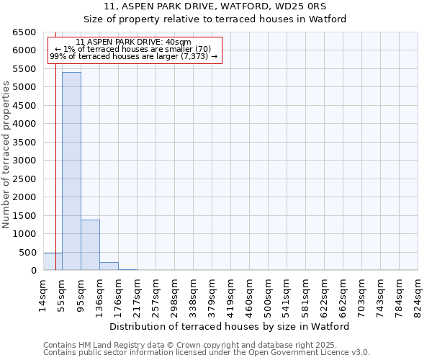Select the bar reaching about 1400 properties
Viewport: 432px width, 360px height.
[x=90, y=245]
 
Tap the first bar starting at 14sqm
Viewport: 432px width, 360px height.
[x=53, y=262]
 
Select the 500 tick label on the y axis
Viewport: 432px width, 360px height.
[x=27, y=252]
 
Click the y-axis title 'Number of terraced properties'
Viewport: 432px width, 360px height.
[x=7, y=155]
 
